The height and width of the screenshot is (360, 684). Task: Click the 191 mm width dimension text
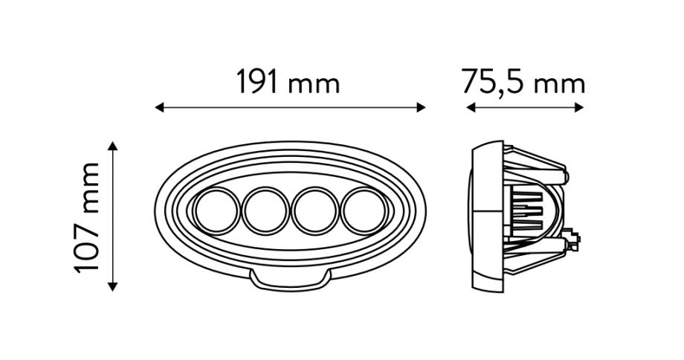point(288,82)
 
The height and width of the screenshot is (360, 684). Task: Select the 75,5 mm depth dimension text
point(523,82)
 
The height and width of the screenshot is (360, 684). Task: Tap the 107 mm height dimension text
point(87,218)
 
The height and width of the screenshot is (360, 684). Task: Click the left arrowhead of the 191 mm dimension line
point(159,107)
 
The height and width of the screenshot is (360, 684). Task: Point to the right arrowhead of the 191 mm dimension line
point(421,107)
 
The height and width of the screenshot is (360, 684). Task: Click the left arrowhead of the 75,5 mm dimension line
point(471,107)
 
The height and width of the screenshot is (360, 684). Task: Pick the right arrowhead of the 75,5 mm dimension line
point(579,107)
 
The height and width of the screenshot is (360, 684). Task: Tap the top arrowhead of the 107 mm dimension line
point(112,146)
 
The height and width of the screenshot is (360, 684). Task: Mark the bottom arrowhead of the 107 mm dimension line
point(112,286)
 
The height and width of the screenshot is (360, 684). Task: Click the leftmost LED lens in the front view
point(216,211)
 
